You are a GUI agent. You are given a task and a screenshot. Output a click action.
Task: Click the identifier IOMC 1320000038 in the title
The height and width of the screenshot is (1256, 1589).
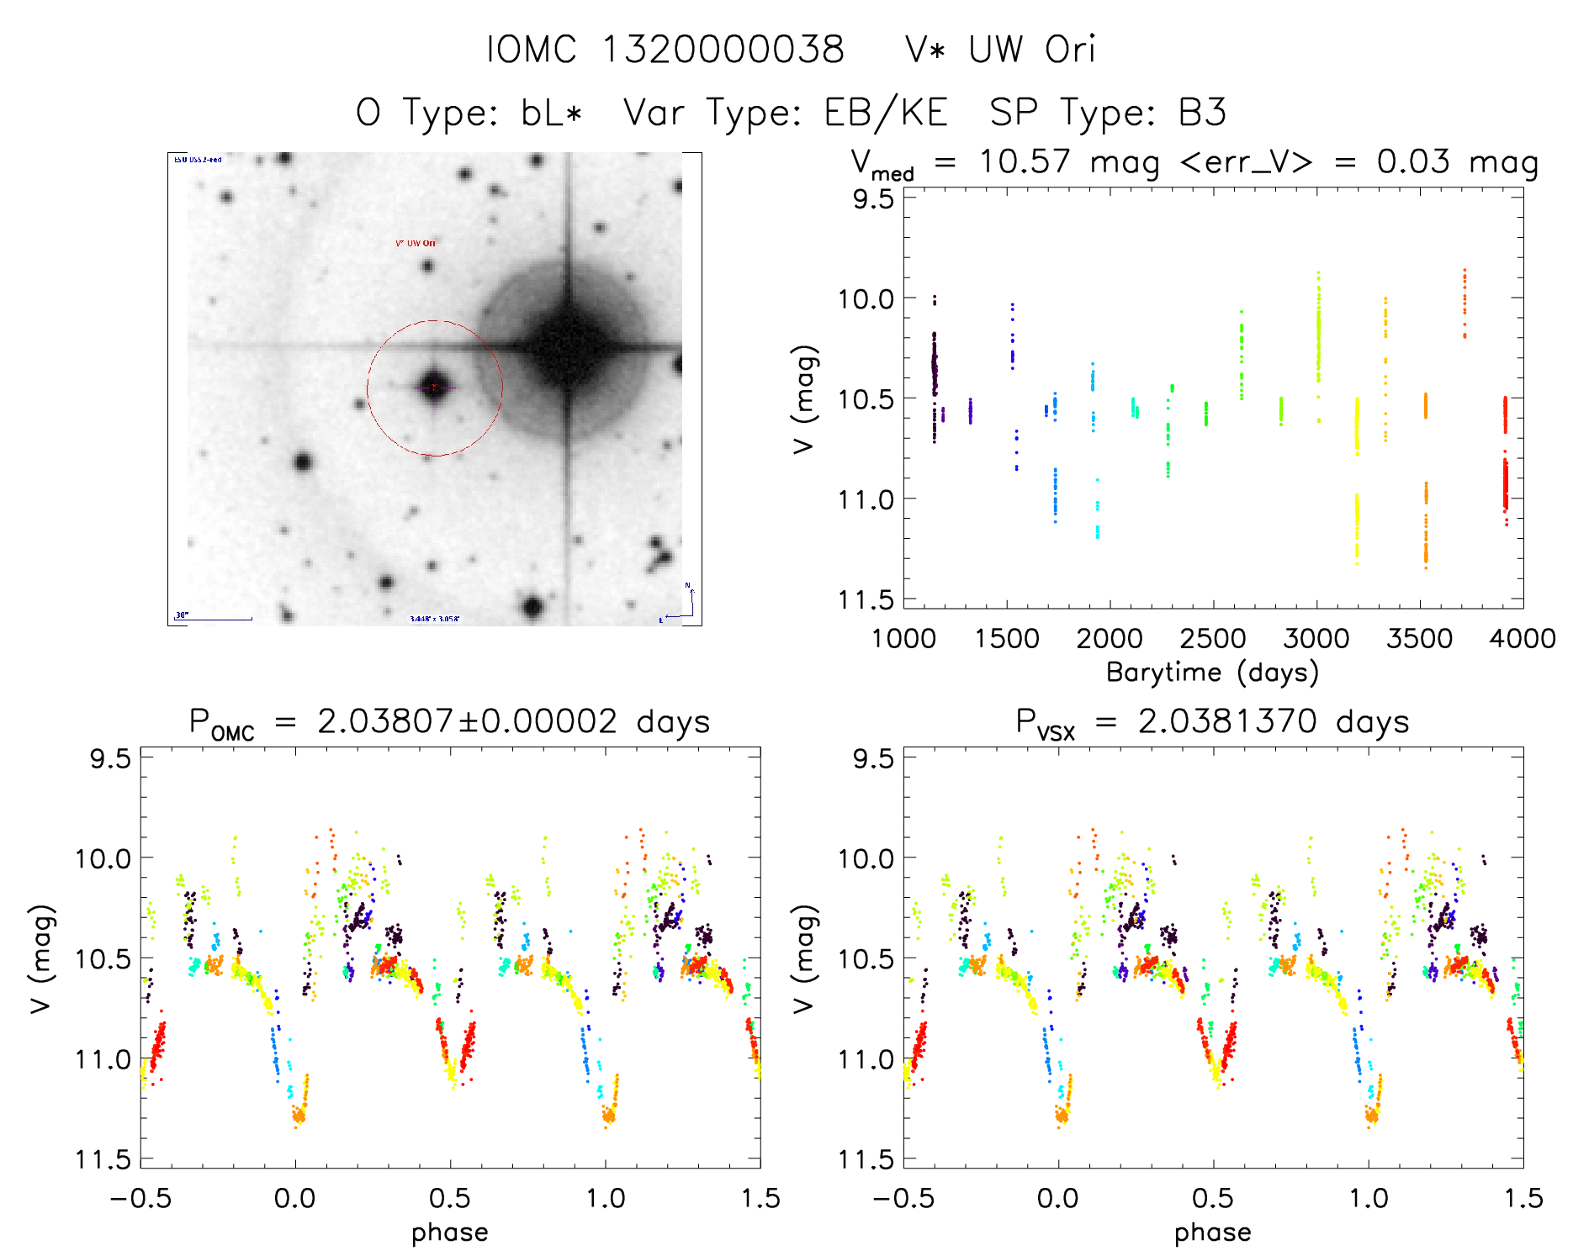[x=665, y=50]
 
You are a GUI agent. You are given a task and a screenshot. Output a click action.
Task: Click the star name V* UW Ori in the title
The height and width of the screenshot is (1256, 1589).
[x=1000, y=50]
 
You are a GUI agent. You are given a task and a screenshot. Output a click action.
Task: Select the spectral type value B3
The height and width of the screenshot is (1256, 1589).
[x=1202, y=113]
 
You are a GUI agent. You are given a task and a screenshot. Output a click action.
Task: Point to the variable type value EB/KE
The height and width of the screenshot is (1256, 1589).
[x=886, y=113]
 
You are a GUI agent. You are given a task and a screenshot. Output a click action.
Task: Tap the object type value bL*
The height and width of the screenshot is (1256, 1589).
[x=551, y=113]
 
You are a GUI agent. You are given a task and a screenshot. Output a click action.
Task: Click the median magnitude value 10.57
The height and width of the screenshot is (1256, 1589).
[x=1025, y=161]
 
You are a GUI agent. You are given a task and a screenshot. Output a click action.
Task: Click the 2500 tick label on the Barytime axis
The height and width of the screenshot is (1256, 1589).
[x=1213, y=638]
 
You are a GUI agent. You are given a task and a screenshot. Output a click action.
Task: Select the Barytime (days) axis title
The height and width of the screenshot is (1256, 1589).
[x=1212, y=673]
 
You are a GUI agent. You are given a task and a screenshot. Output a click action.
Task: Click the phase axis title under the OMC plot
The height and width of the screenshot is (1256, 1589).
[x=450, y=1232]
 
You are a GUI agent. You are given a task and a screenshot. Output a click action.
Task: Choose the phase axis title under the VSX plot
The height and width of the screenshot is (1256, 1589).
[x=1212, y=1232]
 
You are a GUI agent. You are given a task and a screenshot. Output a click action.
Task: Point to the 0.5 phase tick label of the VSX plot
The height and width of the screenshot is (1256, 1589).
[x=1213, y=1198]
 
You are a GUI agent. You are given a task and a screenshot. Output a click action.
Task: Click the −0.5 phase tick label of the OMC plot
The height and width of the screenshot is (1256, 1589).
[x=140, y=1198]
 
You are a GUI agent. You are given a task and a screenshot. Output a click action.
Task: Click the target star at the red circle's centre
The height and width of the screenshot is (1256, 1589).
[x=434, y=388]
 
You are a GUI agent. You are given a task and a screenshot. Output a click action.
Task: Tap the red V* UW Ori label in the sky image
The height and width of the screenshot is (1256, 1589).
[x=416, y=244]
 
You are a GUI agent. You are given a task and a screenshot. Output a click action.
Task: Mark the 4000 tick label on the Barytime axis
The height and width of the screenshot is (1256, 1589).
[x=1522, y=638]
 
